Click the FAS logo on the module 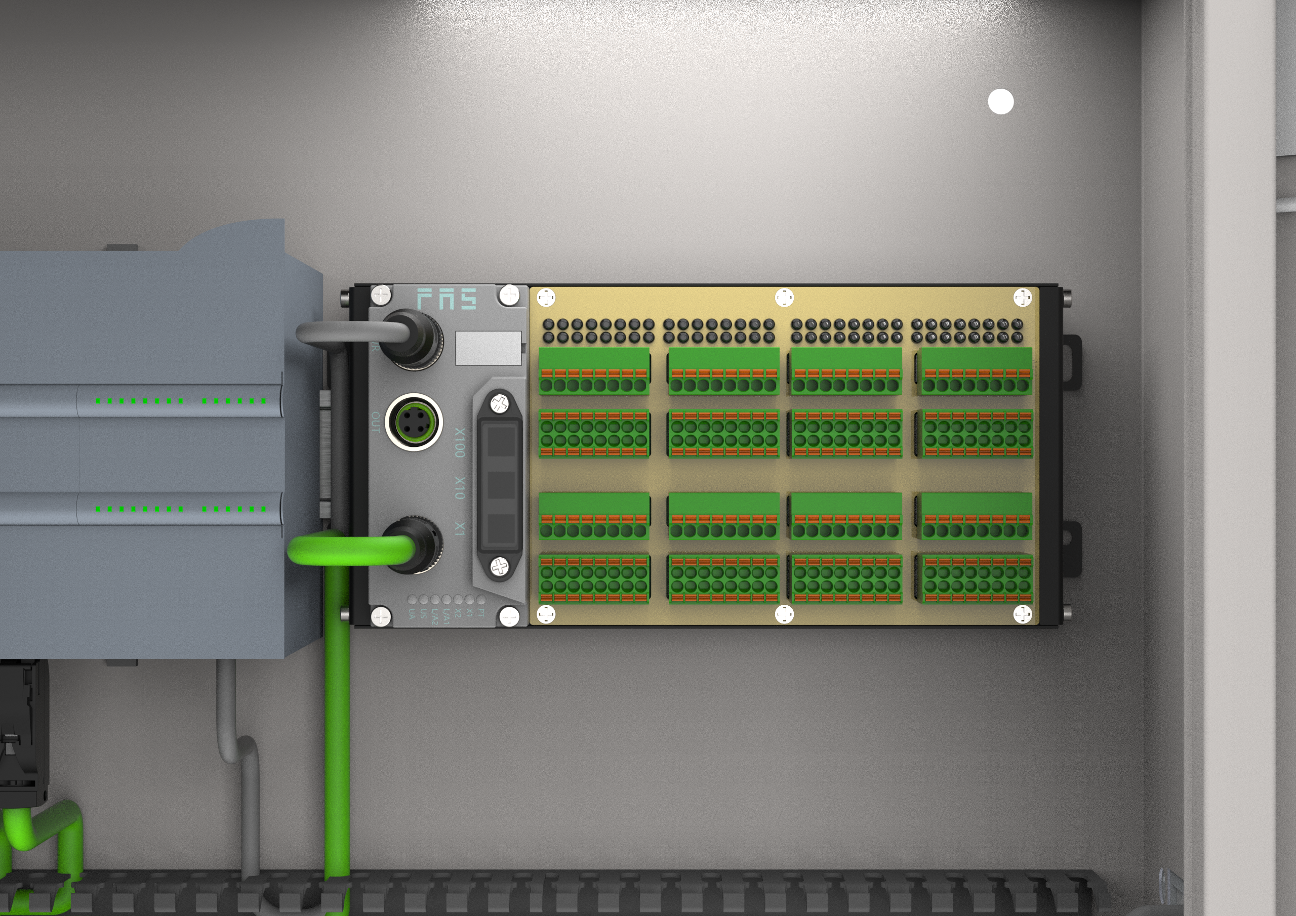447,299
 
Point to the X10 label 460,488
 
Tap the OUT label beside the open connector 375,422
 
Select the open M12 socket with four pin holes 414,422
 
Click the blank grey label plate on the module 488,348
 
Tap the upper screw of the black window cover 499,403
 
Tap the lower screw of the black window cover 499,566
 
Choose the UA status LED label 412,614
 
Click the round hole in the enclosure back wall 1001,102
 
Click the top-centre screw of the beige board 784,297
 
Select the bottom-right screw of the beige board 1022,614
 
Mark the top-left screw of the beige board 546,297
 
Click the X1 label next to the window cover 460,529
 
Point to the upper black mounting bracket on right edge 1071,361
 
